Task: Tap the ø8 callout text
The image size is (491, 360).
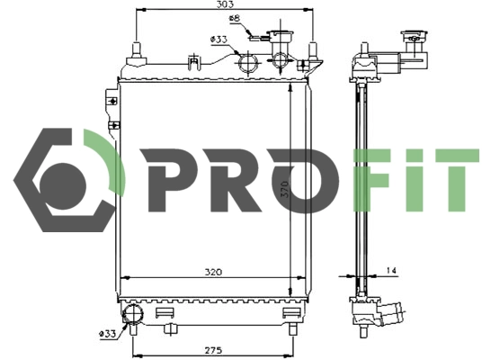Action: tap(233, 18)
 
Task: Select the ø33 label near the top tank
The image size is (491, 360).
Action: tap(218, 39)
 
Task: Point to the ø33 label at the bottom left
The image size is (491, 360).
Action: tap(108, 334)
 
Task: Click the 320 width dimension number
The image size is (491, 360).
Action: tap(213, 271)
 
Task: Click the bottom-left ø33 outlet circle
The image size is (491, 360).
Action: tap(133, 314)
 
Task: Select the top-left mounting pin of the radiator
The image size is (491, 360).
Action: tap(136, 49)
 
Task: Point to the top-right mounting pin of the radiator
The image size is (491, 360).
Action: tap(312, 49)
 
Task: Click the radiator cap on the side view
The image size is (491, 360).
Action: tap(416, 40)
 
